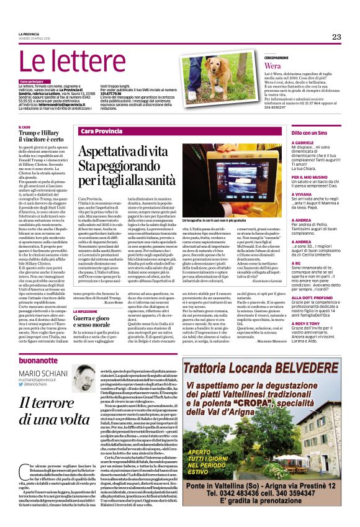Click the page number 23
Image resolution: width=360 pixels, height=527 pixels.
(336, 37)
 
